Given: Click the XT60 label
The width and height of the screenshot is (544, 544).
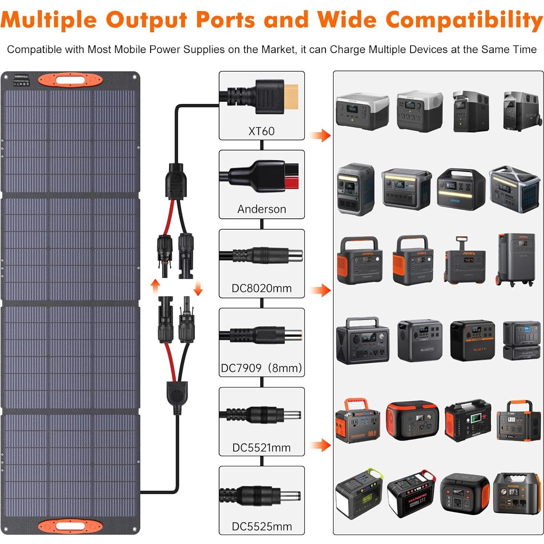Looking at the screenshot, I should (x=261, y=131).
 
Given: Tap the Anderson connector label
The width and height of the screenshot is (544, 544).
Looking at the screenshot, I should (x=262, y=209).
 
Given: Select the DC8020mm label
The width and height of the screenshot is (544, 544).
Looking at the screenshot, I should (x=262, y=288).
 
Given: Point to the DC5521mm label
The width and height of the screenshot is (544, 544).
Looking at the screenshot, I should (x=262, y=447).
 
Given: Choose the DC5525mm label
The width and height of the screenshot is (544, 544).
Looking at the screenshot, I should (x=262, y=526).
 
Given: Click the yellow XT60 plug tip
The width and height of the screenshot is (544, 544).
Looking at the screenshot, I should (x=291, y=97).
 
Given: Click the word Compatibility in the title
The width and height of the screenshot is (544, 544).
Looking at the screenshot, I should (x=464, y=20).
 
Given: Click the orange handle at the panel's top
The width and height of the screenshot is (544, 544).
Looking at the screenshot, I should (x=70, y=80).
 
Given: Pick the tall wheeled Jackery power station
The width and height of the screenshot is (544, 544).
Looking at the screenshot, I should (x=516, y=259).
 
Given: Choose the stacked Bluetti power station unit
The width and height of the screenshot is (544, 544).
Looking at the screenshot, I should (x=521, y=340).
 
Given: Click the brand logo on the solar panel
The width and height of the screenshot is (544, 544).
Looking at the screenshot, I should (x=21, y=77).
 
